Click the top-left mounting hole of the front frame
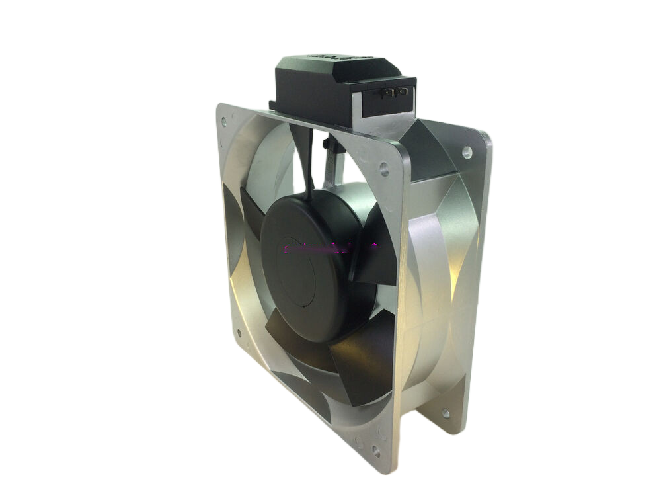tap(223, 122)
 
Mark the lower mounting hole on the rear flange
tap(446, 413)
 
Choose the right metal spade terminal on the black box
tap(399, 93)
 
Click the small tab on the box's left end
tap(272, 105)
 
